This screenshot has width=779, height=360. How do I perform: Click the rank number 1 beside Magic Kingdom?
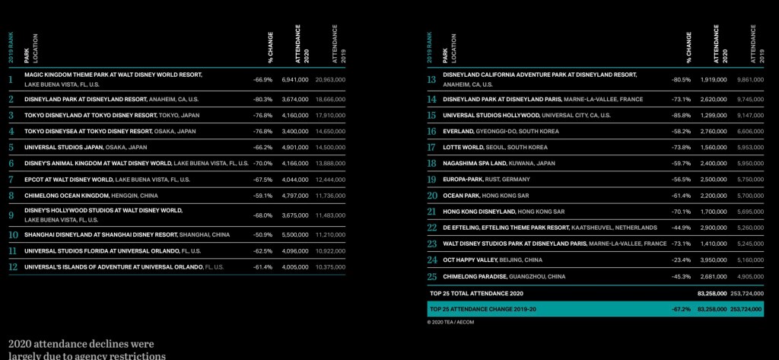[11, 79]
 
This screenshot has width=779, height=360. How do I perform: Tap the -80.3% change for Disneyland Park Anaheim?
[263, 99]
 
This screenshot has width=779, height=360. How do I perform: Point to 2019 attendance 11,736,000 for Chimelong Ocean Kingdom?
[330, 195]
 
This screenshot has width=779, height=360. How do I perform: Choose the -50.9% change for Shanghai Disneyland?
[263, 235]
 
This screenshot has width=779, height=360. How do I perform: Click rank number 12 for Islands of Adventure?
[12, 267]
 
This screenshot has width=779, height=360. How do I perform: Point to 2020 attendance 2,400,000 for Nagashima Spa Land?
[713, 163]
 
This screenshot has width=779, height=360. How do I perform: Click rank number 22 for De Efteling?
[431, 227]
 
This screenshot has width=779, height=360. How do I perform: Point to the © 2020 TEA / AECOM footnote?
[451, 322]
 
